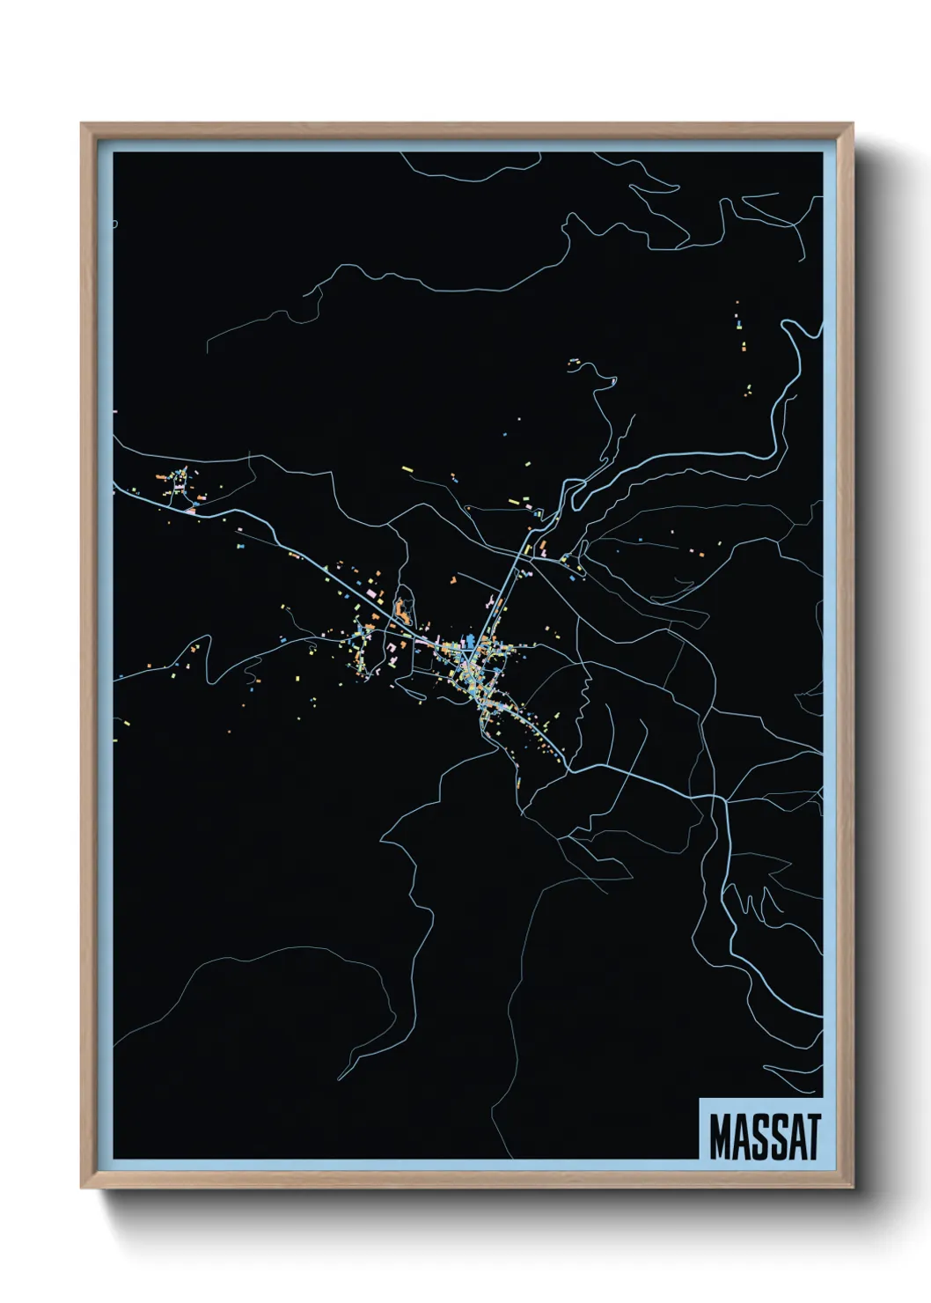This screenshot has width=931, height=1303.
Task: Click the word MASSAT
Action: [764, 1137]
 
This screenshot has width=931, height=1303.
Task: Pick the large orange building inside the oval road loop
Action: [404, 608]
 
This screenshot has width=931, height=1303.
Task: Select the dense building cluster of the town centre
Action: [480, 665]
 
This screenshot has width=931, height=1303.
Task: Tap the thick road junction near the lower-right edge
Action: [722, 799]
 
